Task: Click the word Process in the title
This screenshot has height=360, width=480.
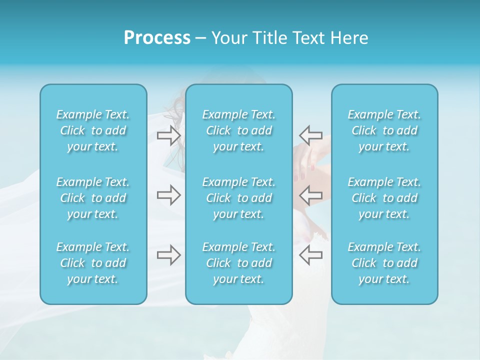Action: (157, 38)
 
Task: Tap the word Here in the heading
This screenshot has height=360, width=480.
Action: (350, 38)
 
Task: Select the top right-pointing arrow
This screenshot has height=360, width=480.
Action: (169, 135)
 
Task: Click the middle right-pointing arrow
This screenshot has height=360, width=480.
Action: (169, 195)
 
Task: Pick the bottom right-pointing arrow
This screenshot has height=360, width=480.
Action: (169, 255)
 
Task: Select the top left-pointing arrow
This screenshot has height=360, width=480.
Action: (310, 135)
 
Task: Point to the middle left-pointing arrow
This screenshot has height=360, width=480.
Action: (310, 195)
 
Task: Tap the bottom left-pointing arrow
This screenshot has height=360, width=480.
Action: (310, 255)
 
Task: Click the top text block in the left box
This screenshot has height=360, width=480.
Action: (93, 130)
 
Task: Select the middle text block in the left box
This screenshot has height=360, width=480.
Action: (93, 198)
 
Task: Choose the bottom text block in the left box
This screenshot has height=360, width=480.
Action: (93, 263)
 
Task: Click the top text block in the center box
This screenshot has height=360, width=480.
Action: (239, 130)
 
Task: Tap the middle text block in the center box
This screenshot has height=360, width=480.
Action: (239, 198)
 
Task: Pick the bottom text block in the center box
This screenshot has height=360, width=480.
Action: (239, 263)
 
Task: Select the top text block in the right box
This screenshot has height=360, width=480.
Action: (384, 130)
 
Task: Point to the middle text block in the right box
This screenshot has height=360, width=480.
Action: (384, 198)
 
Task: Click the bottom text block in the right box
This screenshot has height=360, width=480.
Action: (384, 263)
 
